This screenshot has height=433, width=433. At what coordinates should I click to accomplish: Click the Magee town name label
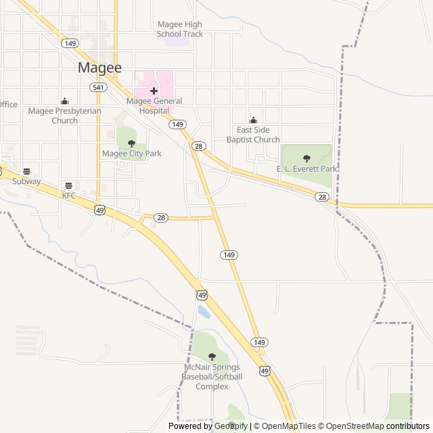(x=99, y=68)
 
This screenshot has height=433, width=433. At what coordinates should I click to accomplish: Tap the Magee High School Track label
(x=179, y=29)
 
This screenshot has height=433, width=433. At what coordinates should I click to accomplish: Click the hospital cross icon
(x=154, y=91)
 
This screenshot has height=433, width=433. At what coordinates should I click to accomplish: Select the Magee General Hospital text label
(x=154, y=106)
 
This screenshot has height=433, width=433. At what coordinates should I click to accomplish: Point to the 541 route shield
(x=99, y=88)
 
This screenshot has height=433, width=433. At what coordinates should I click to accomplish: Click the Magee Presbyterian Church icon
(x=65, y=101)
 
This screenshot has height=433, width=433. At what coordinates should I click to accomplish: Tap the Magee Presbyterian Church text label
(x=65, y=116)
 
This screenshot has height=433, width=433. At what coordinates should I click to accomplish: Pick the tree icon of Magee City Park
(x=131, y=143)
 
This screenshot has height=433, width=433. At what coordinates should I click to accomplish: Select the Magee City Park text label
(x=132, y=154)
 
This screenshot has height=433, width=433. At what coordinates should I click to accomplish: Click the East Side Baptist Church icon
(x=253, y=120)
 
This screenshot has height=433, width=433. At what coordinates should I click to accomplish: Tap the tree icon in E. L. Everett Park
(x=306, y=158)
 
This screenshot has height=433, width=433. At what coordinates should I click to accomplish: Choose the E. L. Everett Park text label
(x=306, y=168)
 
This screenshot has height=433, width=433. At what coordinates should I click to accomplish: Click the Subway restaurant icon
(x=27, y=172)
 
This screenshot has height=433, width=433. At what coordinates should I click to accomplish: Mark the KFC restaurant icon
(x=68, y=185)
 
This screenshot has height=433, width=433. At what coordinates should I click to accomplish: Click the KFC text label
(x=69, y=196)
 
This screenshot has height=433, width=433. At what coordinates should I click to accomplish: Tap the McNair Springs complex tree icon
(x=212, y=357)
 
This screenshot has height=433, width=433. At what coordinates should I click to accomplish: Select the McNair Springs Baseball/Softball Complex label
(x=212, y=377)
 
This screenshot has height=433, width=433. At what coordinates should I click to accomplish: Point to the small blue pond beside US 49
(x=203, y=312)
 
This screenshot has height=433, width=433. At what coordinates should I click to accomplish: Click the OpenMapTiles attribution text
(x=288, y=426)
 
